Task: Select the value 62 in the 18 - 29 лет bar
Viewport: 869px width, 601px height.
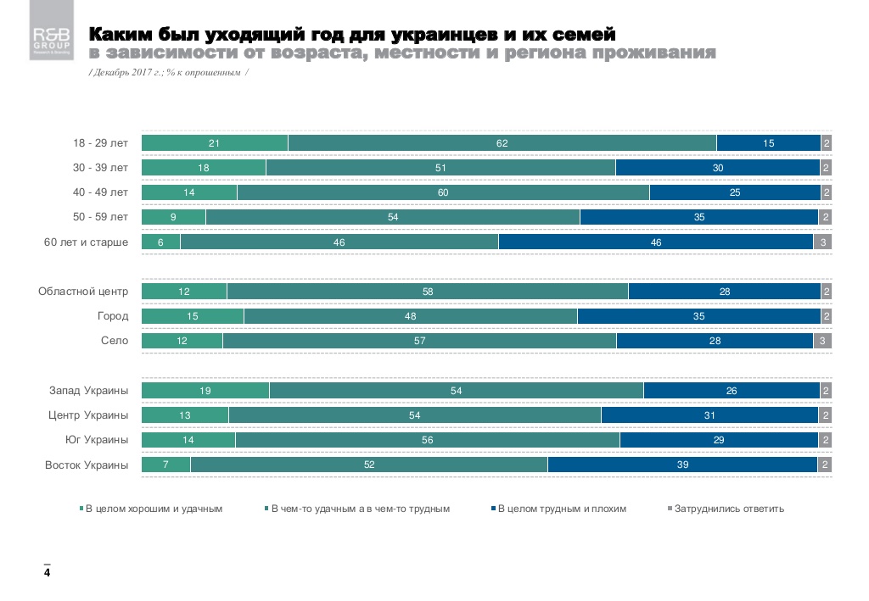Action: click(502, 143)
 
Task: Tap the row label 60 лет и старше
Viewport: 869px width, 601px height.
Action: click(86, 242)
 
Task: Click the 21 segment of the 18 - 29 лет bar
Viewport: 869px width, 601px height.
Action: click(214, 143)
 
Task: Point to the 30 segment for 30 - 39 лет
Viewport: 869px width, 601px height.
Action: click(718, 168)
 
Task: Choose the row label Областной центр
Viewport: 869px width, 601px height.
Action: click(83, 292)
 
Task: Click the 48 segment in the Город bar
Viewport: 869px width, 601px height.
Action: click(410, 316)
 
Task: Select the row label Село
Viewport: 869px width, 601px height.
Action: click(115, 341)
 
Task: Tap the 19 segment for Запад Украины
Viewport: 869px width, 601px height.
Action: click(205, 391)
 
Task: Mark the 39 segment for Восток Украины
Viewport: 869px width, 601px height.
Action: click(682, 465)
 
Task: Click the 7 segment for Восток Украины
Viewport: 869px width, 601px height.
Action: click(165, 465)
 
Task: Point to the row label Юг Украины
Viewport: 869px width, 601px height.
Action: click(97, 440)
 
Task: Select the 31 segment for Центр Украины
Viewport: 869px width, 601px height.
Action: click(709, 415)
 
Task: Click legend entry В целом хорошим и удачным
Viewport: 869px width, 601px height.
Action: click(154, 509)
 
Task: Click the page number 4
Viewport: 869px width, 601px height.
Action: click(48, 574)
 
